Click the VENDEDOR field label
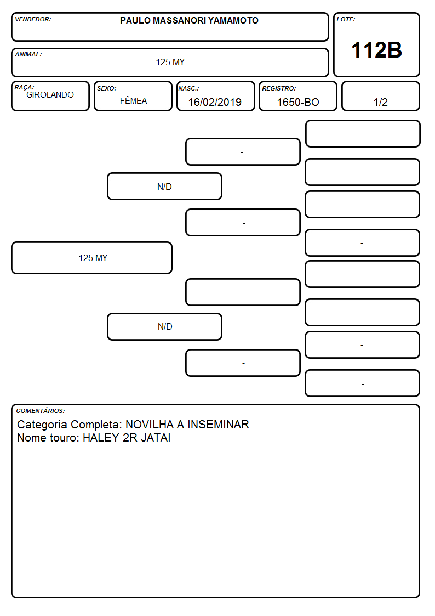(x=33, y=19)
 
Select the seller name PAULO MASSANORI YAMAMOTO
(x=189, y=20)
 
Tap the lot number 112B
(x=376, y=50)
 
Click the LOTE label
(x=346, y=19)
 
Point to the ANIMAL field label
(x=28, y=55)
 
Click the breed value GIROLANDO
(x=50, y=95)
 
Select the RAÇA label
(x=24, y=87)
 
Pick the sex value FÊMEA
(x=133, y=100)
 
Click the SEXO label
(x=107, y=88)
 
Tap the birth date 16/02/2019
(x=215, y=102)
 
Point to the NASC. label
(x=188, y=88)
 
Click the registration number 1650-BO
(x=298, y=102)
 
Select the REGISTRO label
(x=279, y=88)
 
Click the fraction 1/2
(x=380, y=102)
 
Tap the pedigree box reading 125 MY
(x=92, y=258)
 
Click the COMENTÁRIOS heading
(x=41, y=411)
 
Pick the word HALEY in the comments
(x=101, y=438)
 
